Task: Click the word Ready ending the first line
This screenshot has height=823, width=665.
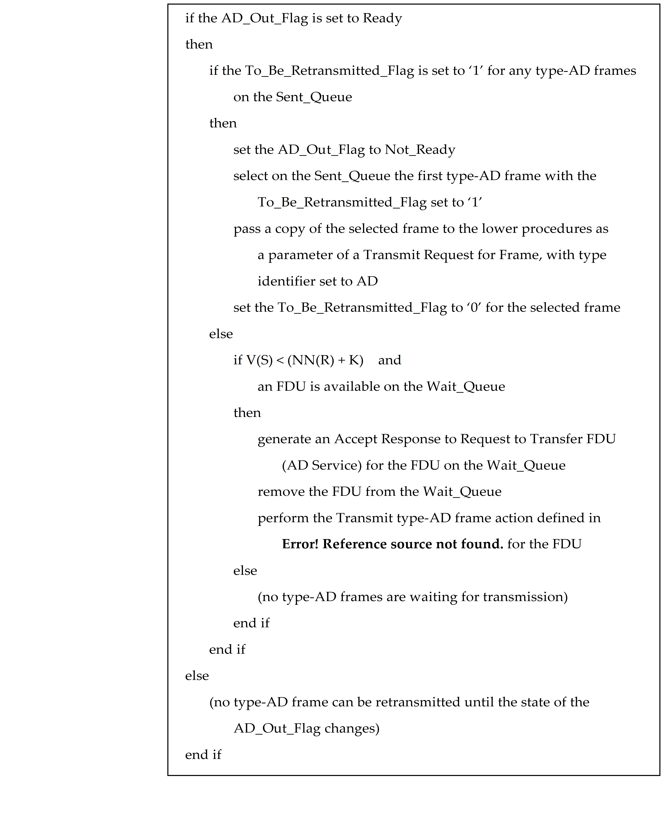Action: [x=382, y=18]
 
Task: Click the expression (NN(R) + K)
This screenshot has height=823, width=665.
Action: [x=325, y=360]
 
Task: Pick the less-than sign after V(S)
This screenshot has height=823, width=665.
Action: [x=280, y=360]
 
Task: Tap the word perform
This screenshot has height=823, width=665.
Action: [x=283, y=518]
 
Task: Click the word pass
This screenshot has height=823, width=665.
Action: [x=247, y=229]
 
